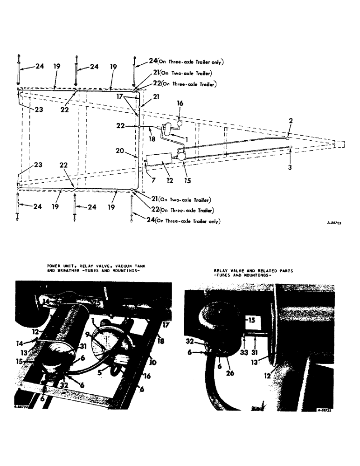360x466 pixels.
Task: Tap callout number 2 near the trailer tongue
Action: pos(290,120)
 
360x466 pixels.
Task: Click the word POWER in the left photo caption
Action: pos(54,266)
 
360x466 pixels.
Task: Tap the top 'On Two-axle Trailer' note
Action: pos(185,73)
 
